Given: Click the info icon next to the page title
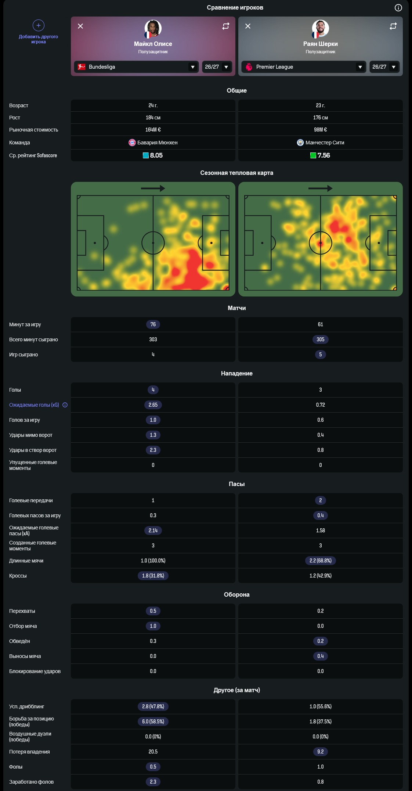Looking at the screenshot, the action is point(398,8).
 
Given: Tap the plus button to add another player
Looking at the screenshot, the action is point(39,25).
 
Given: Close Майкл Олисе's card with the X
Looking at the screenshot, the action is point(80,26).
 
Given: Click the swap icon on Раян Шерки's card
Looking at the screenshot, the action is point(393,26).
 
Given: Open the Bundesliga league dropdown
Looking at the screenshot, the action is point(136,67).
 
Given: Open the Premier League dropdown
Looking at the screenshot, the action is point(304,67).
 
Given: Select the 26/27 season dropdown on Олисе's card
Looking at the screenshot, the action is point(217,67).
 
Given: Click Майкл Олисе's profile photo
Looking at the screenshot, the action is point(153,28).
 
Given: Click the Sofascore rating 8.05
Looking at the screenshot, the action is point(156,155).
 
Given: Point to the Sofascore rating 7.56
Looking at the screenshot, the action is point(324,155).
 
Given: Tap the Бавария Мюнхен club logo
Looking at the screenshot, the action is point(132,143).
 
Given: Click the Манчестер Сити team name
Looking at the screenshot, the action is point(325,143).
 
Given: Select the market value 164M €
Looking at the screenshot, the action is point(153,130).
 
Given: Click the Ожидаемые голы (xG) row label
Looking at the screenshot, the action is point(34,405).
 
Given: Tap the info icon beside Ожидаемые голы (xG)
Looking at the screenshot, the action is point(65,405).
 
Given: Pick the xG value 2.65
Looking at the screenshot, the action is point(153,405).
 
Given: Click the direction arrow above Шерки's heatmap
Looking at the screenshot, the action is point(320,188).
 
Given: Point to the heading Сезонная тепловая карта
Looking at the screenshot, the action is point(237,173).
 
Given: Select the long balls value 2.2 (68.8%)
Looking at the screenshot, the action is point(321,561).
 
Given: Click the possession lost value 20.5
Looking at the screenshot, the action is point(153,752).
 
